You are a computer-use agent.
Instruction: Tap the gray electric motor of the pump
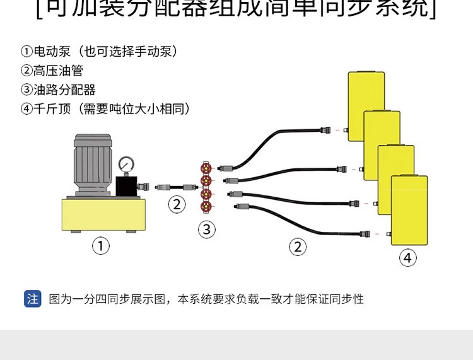(x=91, y=161)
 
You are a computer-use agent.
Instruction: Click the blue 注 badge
(x=33, y=298)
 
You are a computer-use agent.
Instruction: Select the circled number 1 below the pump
(x=101, y=245)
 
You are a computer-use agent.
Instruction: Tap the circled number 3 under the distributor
(x=207, y=229)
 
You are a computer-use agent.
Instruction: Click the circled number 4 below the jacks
(x=408, y=257)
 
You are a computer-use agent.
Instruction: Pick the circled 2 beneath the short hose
(x=177, y=204)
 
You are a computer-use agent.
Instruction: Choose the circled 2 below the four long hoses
(x=298, y=247)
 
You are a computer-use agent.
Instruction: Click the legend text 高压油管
(x=58, y=71)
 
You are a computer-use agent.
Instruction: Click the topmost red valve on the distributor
(x=206, y=169)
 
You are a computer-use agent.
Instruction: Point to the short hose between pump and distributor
(x=177, y=187)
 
